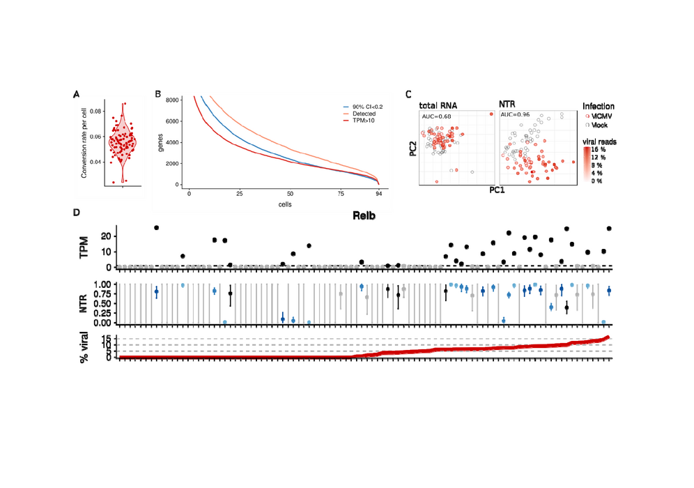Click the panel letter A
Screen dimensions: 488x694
pos(76,94)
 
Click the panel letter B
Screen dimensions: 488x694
pos(158,94)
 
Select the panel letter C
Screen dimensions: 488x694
pos(408,94)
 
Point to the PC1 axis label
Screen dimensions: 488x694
pos(497,190)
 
